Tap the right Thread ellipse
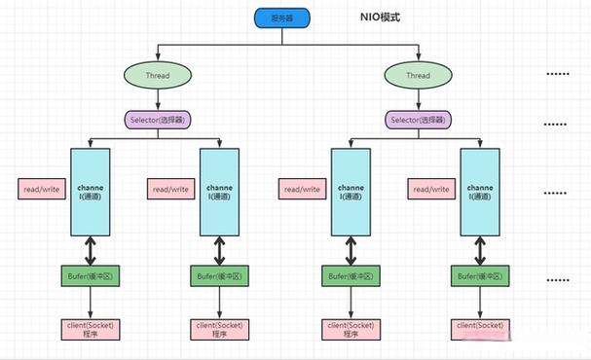click(x=418, y=74)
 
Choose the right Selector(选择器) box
click(x=418, y=121)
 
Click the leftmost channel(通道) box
click(x=90, y=191)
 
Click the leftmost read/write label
click(x=39, y=189)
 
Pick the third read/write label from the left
click(x=301, y=189)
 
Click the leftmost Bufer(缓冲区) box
click(x=90, y=277)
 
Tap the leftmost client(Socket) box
click(x=90, y=328)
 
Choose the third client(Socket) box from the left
click(x=350, y=328)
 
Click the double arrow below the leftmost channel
click(x=90, y=250)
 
